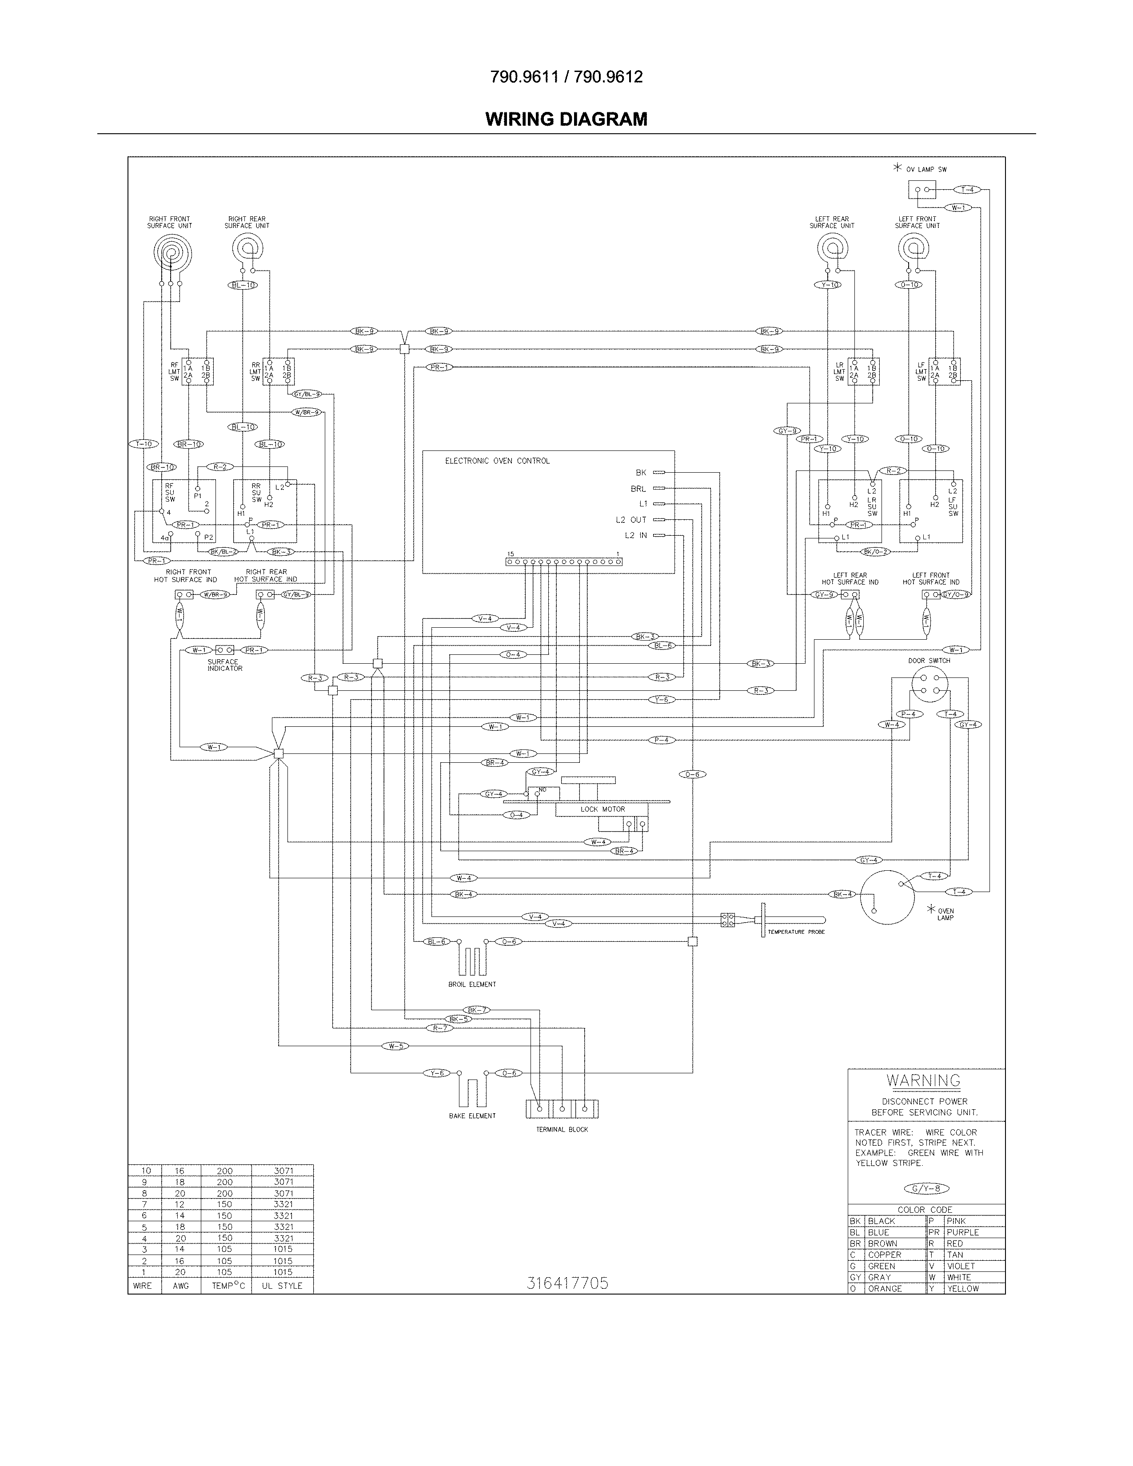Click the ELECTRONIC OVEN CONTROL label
point(497,461)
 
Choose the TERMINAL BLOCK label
point(562,1130)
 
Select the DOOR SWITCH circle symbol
point(930,684)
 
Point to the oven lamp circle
point(887,897)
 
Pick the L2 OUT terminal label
point(631,520)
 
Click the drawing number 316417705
point(567,1283)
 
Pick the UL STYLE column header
point(282,1286)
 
